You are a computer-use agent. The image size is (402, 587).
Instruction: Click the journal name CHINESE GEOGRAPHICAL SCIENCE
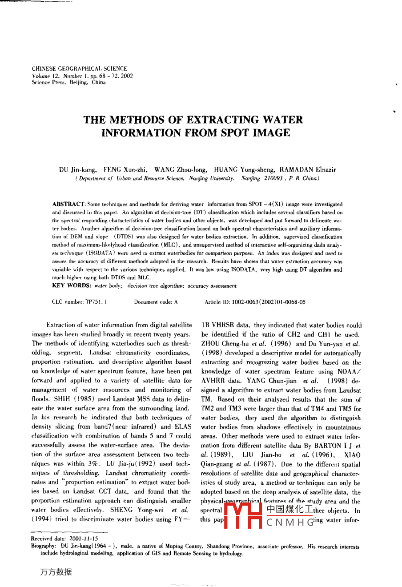(80, 69)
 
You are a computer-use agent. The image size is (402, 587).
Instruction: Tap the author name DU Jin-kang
(78, 169)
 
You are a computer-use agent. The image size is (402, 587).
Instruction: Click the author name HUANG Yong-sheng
(244, 169)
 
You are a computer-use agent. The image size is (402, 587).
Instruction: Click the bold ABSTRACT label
(68, 204)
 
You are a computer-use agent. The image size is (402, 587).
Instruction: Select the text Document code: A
(156, 302)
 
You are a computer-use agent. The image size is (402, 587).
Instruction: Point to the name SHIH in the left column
(60, 399)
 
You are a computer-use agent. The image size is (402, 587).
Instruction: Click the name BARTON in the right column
(327, 445)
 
